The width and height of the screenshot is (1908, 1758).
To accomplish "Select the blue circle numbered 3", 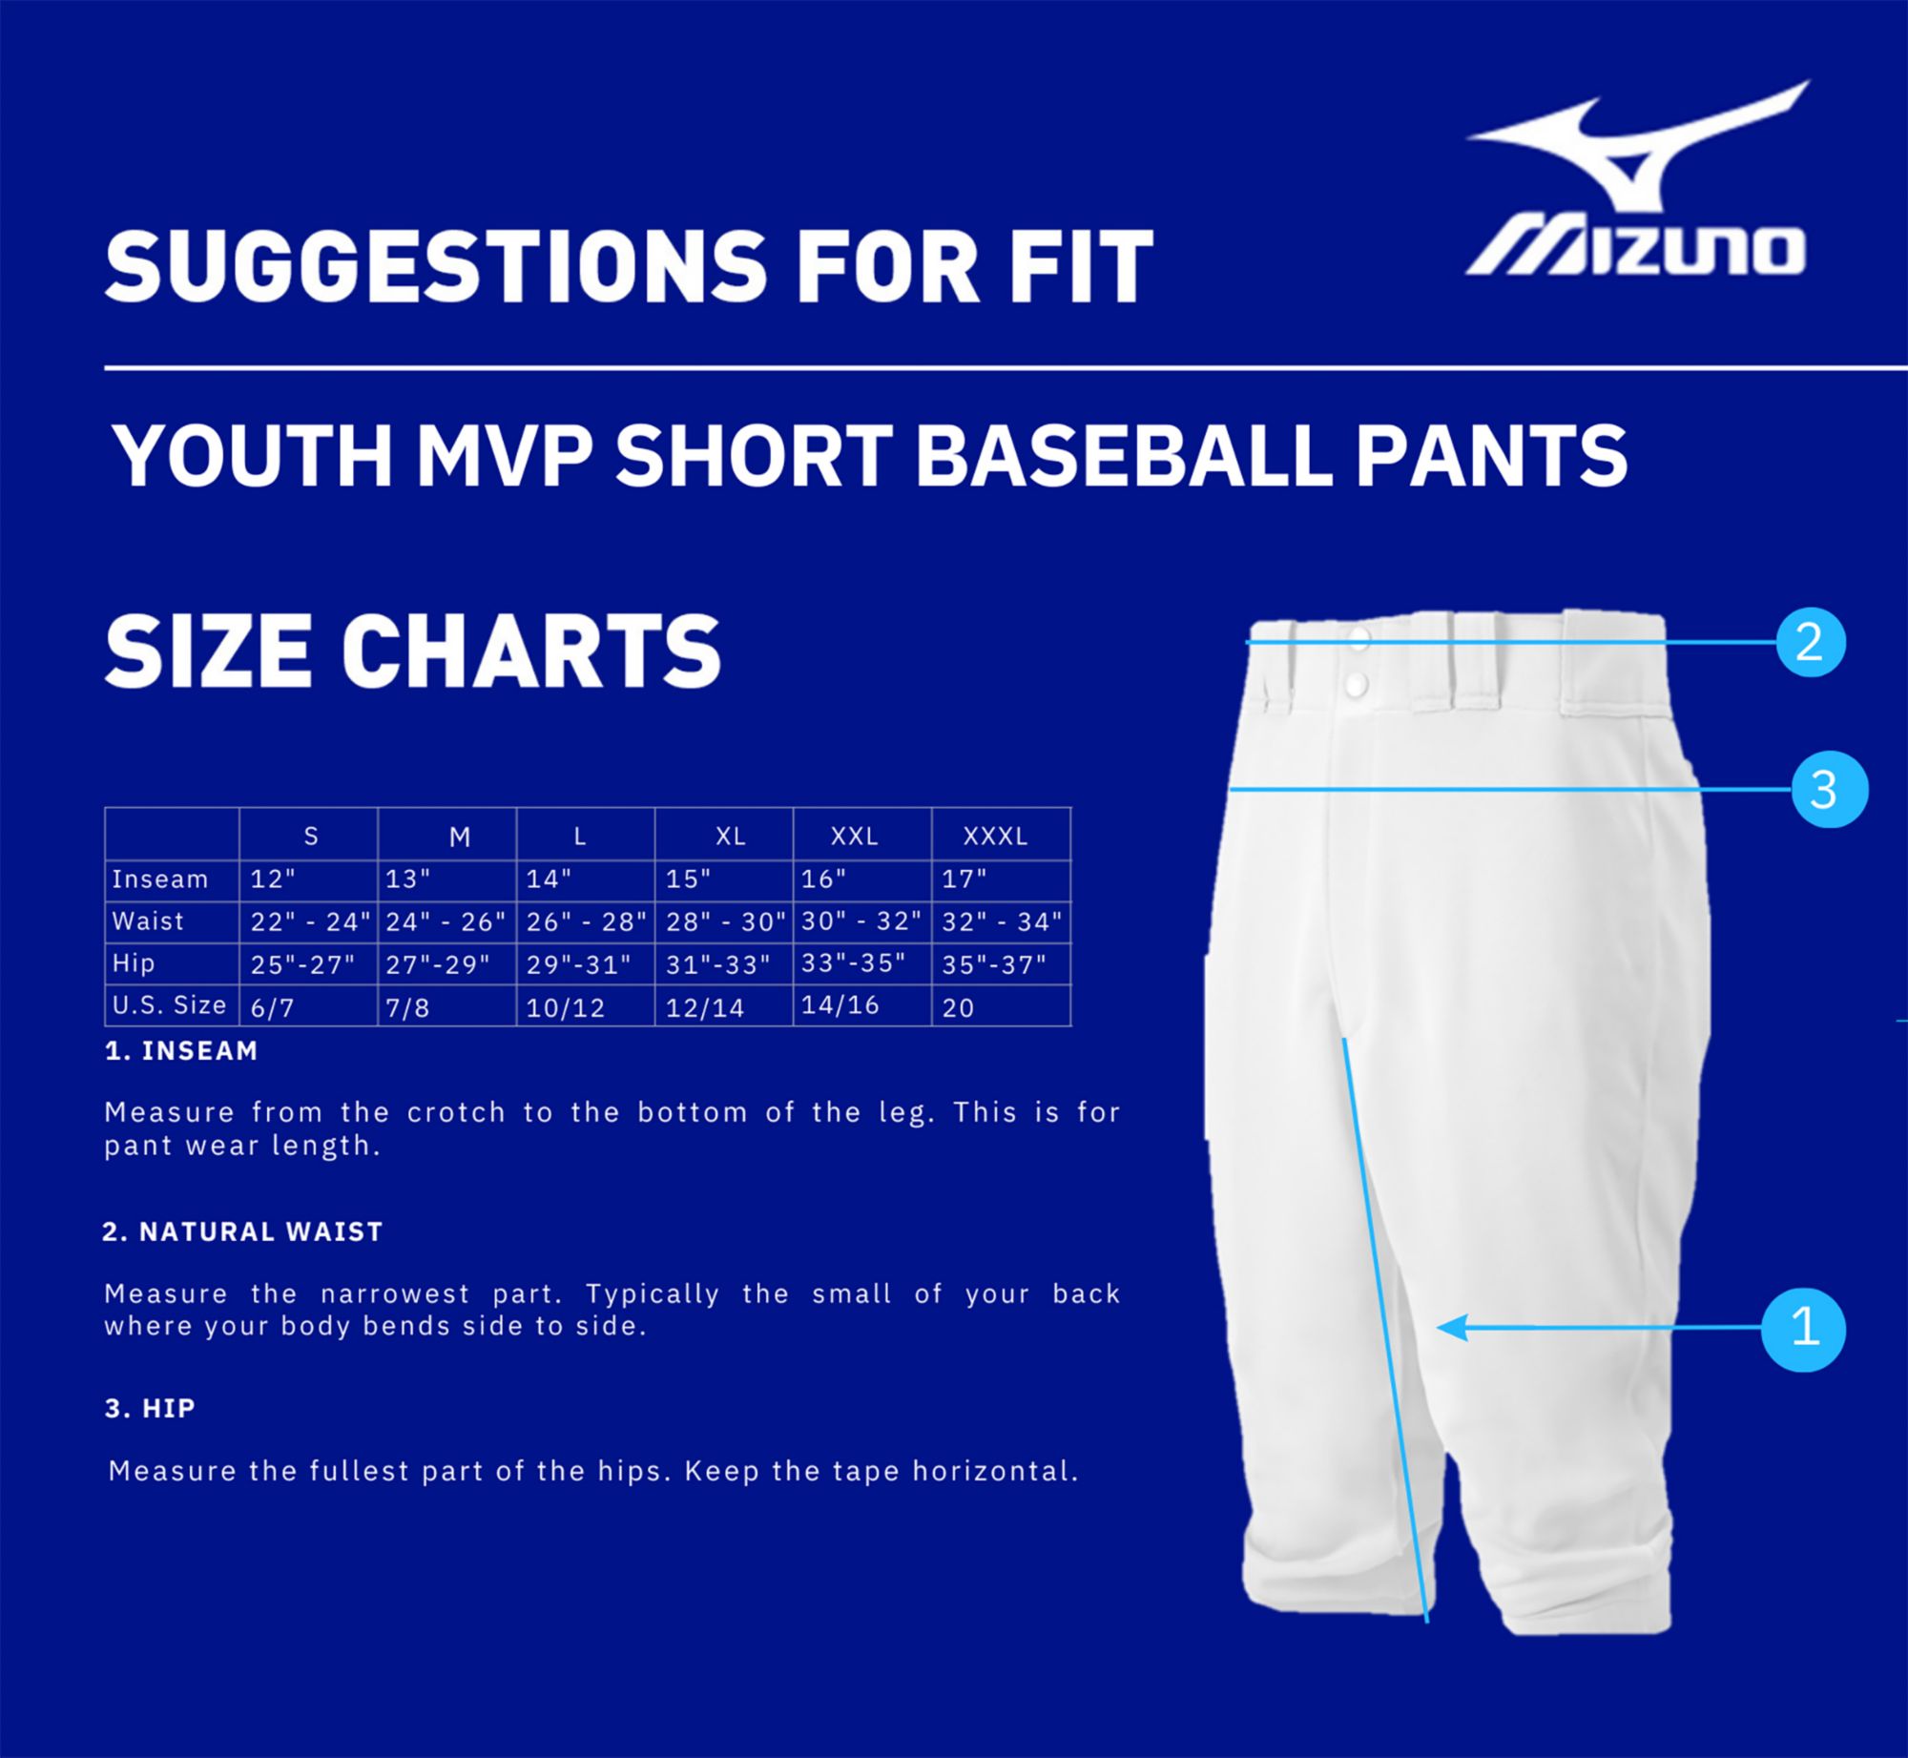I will pyautogui.click(x=1829, y=790).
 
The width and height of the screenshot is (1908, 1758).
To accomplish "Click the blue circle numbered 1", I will pyautogui.click(x=1803, y=1331).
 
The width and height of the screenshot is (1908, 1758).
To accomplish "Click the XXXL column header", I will pyautogui.click(x=995, y=837).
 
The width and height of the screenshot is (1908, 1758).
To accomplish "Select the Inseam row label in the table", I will pyautogui.click(x=160, y=879).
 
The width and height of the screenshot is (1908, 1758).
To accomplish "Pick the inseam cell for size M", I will pyautogui.click(x=409, y=879).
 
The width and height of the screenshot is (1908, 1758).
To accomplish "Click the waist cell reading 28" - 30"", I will pyautogui.click(x=725, y=921).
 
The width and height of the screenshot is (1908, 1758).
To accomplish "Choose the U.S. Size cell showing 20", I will pyautogui.click(x=958, y=1007).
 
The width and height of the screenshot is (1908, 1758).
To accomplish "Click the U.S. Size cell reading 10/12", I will pyautogui.click(x=566, y=1007).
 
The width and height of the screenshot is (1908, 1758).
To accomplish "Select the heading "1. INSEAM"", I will pyautogui.click(x=181, y=1051).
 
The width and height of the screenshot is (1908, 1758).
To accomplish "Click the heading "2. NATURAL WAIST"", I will pyautogui.click(x=242, y=1231).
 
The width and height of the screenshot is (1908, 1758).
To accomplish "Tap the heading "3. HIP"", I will pyautogui.click(x=150, y=1408).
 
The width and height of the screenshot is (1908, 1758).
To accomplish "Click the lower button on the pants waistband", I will pyautogui.click(x=1357, y=682).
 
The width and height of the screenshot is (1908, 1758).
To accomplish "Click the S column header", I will pyautogui.click(x=310, y=837).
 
